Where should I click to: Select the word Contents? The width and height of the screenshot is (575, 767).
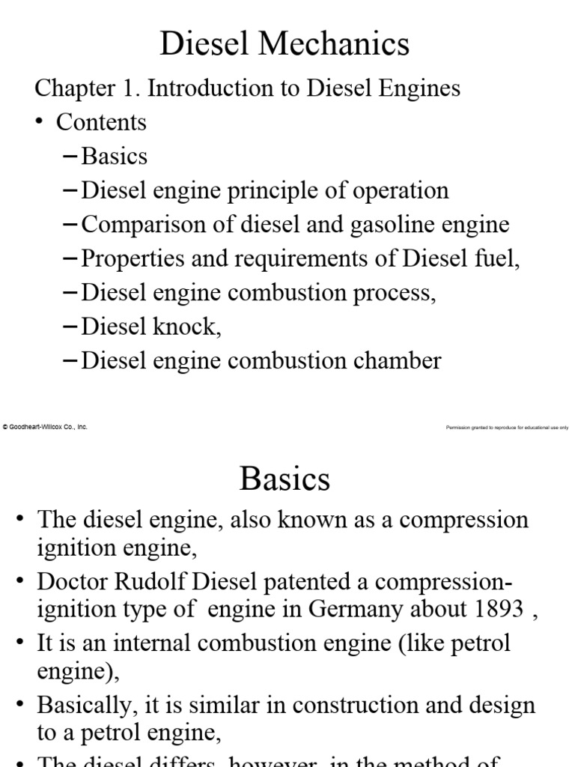102,122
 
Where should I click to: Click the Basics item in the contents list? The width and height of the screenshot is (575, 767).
115,156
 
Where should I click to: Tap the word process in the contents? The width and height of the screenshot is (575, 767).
392,293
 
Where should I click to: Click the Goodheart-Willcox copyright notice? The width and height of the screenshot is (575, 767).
46,427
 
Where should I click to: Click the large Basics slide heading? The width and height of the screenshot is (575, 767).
285,479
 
